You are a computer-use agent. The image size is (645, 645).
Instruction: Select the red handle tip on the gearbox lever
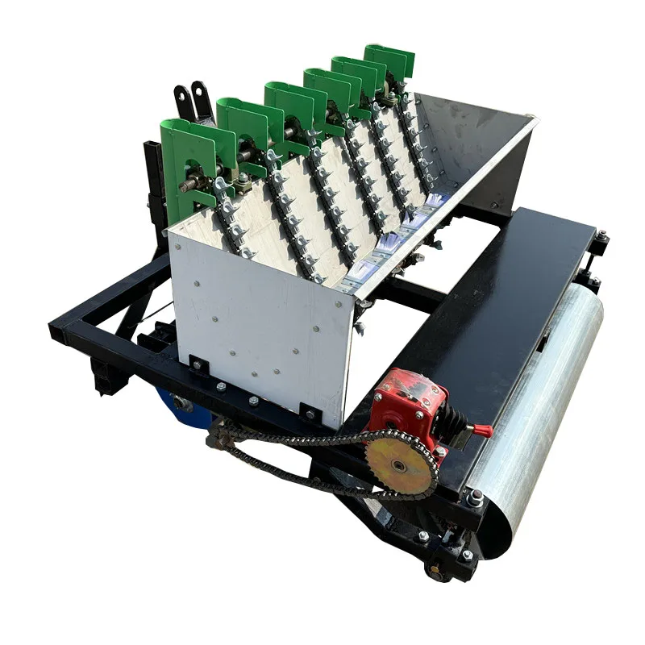[485, 430]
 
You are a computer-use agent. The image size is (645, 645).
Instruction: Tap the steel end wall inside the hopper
[476, 153]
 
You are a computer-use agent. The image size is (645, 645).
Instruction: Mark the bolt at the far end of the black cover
[601, 235]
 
